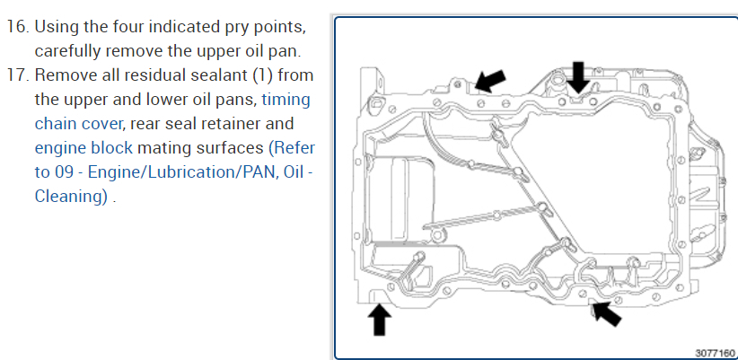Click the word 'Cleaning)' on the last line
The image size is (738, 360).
click(72, 197)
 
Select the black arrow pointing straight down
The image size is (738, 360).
click(578, 75)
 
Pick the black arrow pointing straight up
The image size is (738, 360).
click(380, 317)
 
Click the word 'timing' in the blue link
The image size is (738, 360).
click(286, 99)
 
